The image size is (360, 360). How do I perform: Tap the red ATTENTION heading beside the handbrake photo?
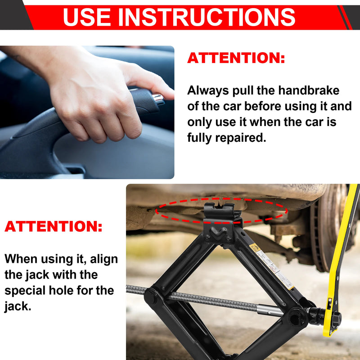point(236,58)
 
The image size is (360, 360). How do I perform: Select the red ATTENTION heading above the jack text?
point(54,226)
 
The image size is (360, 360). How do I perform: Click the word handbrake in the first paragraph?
point(309,90)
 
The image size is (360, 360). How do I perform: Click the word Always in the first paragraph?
point(207,90)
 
